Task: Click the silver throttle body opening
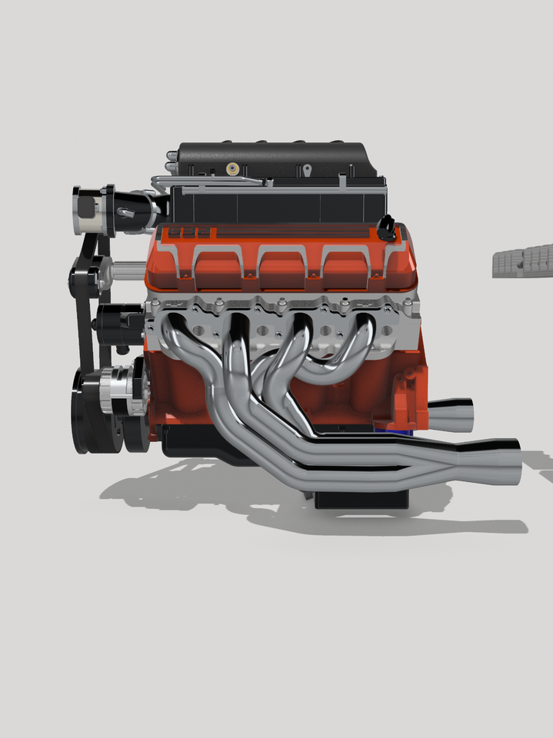(85, 211)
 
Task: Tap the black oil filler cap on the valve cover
(386, 226)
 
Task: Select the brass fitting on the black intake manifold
(230, 167)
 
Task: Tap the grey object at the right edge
(523, 261)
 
